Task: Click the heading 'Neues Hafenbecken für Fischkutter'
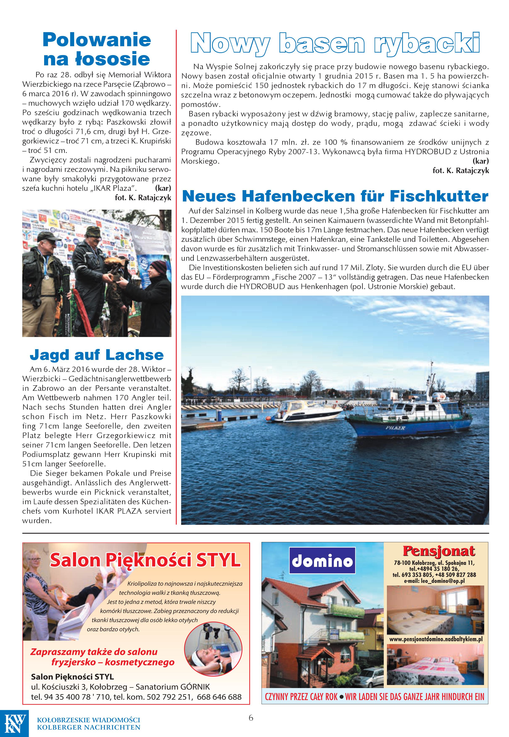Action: click(x=335, y=196)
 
